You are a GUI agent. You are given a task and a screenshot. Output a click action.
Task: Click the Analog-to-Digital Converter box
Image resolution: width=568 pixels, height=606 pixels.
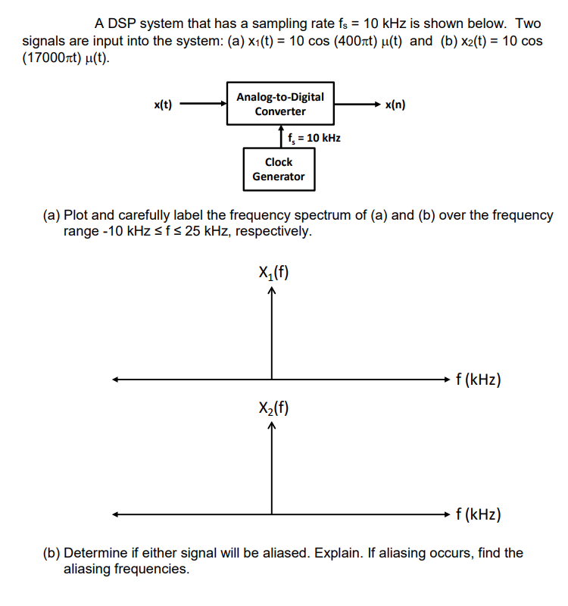coord(280,104)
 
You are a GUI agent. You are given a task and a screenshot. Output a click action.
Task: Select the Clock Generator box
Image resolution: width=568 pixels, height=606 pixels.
coord(279,169)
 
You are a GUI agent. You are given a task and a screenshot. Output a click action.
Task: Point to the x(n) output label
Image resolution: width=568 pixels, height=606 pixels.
coord(395,105)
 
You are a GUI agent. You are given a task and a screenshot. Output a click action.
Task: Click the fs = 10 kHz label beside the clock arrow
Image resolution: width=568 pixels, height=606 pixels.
coord(314,138)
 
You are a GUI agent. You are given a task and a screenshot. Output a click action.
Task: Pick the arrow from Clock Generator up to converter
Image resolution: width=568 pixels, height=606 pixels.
coord(280,137)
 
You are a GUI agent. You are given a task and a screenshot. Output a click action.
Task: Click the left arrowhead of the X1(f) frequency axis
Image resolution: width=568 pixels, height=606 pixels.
coord(115,379)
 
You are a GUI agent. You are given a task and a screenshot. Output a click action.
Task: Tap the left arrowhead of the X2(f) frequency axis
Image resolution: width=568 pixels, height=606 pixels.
coord(115,515)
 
